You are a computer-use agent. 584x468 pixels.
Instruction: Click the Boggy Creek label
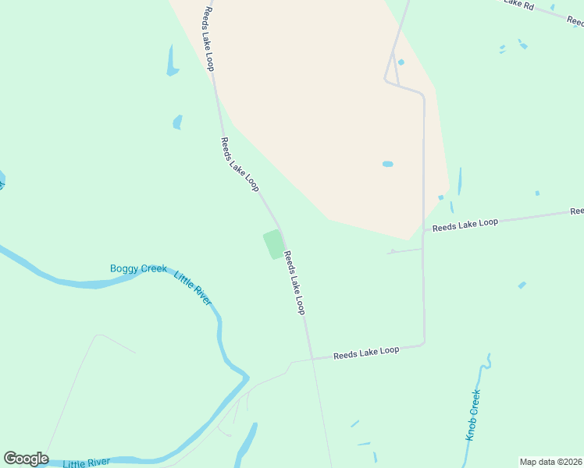[138, 269]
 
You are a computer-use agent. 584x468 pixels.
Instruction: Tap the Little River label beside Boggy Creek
[193, 288]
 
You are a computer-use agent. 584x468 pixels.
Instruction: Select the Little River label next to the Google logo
[86, 463]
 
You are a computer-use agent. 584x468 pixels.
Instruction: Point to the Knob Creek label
[472, 415]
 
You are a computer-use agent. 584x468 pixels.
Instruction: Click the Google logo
[26, 459]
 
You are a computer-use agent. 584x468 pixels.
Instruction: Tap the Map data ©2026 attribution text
[550, 462]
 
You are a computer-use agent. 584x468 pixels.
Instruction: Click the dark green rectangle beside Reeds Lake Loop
[273, 244]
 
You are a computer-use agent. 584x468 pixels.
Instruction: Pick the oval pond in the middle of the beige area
[387, 164]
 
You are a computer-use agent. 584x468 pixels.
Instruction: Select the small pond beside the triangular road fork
[401, 62]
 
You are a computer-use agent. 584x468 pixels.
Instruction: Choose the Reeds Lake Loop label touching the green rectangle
[294, 282]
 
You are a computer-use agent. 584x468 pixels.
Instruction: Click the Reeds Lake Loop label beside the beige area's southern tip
[465, 223]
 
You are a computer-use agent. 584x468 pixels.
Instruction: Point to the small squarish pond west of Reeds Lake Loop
[177, 122]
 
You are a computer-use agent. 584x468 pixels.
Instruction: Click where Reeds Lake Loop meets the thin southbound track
[312, 358]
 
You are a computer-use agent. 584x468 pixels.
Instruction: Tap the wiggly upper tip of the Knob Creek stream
[488, 360]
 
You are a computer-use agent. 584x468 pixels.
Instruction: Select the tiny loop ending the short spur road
[392, 251]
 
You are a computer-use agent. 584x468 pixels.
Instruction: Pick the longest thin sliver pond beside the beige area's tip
[459, 181]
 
